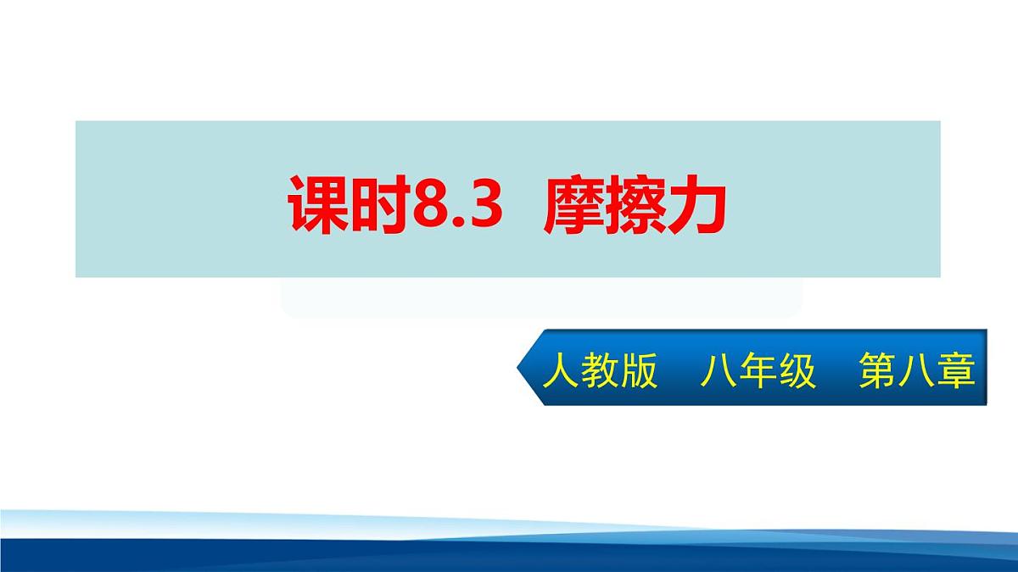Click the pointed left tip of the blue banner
[x=520, y=367]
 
